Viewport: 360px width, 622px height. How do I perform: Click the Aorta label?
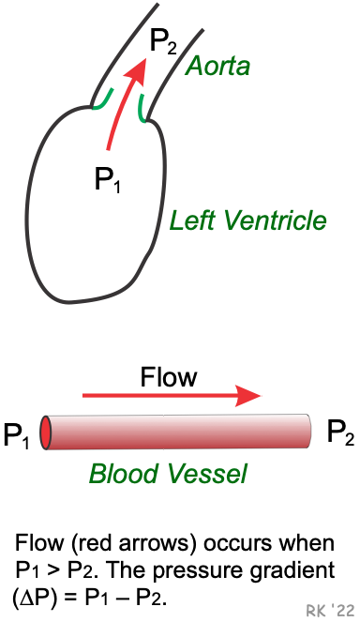point(217,67)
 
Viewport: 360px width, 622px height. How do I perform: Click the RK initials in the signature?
point(315,611)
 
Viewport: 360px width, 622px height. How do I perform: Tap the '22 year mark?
point(343,610)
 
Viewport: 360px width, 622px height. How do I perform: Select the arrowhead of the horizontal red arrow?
point(250,395)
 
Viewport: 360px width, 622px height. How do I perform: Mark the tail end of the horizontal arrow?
point(84,395)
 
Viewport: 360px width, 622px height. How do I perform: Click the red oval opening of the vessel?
point(46,432)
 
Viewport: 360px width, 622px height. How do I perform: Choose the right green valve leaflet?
point(143,107)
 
